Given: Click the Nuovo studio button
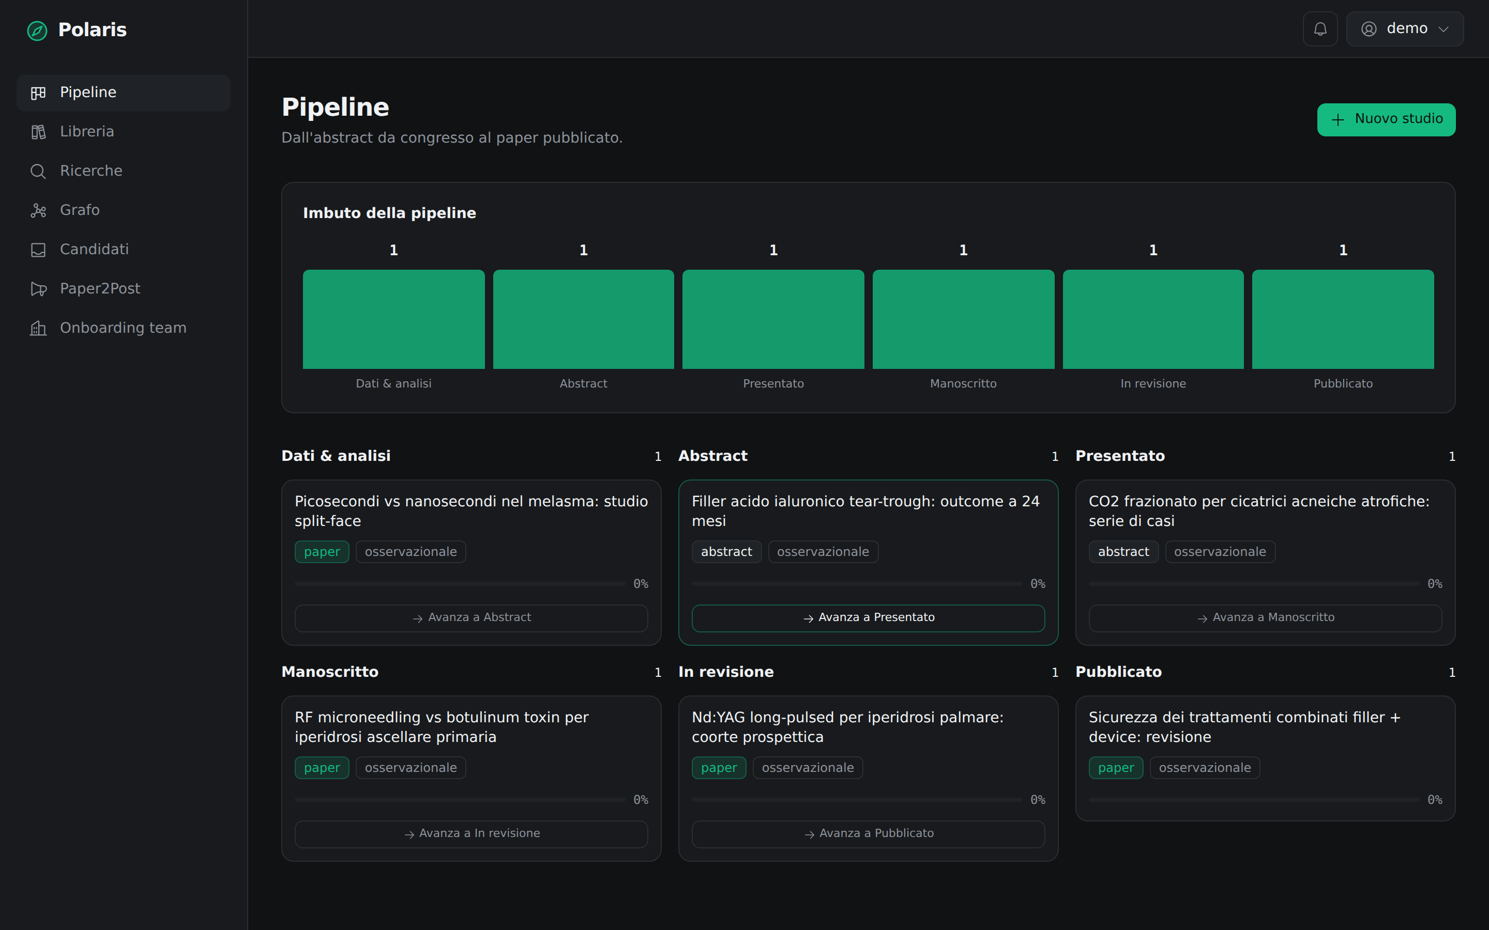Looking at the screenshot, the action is coord(1386,119).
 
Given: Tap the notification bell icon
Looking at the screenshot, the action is coord(1320,29).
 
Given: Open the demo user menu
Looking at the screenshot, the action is coord(1404,29).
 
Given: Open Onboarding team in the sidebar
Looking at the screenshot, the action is coord(124,329).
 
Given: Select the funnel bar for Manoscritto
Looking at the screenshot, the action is coord(963,319).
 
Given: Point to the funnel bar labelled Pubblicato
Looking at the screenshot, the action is coord(1343,319).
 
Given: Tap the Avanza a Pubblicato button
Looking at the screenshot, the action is coord(868,834).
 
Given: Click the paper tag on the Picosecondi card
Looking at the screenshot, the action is coord(322,552).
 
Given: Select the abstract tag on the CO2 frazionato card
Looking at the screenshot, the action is coord(1123,552).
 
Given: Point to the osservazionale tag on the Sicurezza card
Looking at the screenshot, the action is coord(1204,768).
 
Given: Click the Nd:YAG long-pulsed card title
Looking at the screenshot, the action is coord(847,727).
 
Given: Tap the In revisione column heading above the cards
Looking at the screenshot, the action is coord(726,672).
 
